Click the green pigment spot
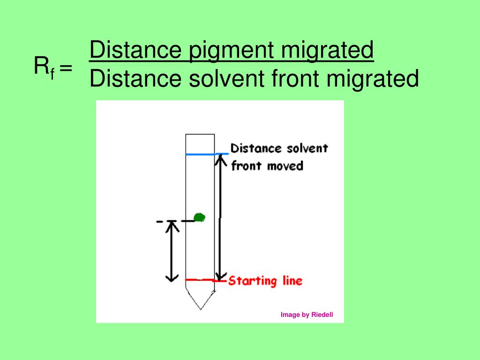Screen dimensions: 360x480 200,217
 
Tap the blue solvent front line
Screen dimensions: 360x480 201,154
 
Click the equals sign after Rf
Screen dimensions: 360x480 66,68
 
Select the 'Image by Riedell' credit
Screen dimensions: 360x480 307,315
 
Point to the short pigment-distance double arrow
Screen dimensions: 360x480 172,251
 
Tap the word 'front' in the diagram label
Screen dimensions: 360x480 247,166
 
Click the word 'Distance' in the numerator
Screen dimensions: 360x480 135,50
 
